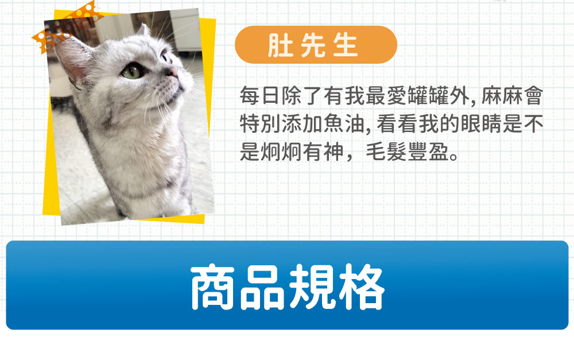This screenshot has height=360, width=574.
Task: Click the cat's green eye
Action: pos(133,71)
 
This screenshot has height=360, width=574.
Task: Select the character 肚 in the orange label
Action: pos(281,45)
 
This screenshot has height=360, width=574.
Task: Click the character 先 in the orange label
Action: pos(313,45)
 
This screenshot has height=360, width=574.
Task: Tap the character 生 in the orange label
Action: pos(346,45)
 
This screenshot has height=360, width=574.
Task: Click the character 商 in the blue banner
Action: pos(213,287)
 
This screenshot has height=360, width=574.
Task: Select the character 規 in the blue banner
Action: pos(312,287)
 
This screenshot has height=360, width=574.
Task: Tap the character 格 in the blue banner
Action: pos(362,287)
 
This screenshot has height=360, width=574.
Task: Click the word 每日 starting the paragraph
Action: pos(260,96)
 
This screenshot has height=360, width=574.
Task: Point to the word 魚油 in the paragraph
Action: pos(344,124)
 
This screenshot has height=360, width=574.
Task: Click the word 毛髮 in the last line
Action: pos(386,152)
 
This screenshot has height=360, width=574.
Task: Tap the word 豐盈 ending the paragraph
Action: pos(428,152)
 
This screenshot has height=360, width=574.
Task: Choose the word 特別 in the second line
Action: pos(260,124)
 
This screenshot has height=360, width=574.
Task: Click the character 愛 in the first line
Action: pos(397,96)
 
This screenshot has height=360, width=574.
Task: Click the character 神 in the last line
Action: pos(333,152)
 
